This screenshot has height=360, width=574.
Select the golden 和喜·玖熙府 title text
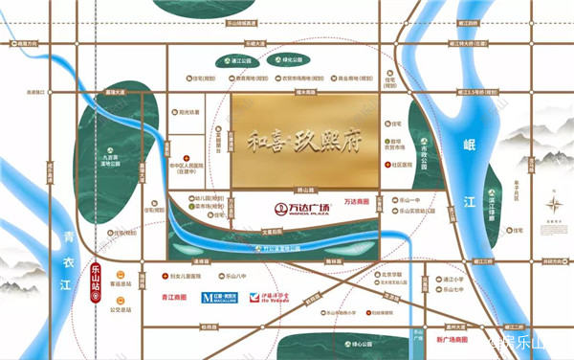(x=304, y=135)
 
